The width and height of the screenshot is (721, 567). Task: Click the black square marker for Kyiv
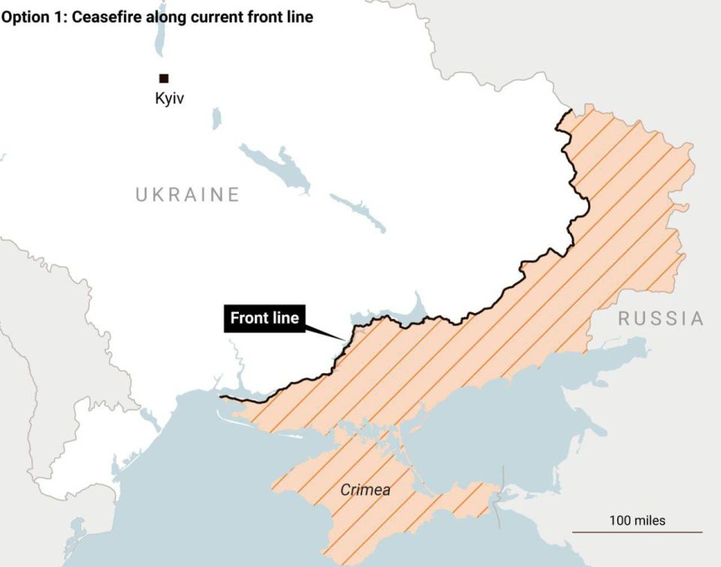(163, 78)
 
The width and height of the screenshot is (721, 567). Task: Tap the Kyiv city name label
(169, 98)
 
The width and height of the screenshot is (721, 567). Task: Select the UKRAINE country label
(187, 195)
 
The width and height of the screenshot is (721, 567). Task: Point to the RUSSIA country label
(661, 318)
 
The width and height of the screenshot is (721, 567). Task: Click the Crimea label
(365, 490)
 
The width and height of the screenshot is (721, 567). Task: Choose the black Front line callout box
(264, 318)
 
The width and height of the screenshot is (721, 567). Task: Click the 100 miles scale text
(637, 520)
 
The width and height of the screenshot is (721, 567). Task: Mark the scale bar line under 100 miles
(637, 532)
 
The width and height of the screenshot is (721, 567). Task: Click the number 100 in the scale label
(620, 520)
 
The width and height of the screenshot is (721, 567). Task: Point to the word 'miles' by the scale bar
(650, 520)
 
